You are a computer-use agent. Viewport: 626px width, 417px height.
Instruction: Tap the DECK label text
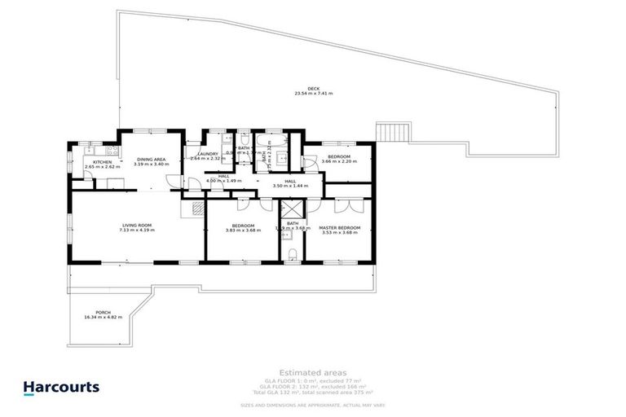tap(313, 89)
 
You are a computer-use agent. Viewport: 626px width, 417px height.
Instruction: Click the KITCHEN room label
tap(102, 162)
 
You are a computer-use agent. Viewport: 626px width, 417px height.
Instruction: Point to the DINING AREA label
tap(152, 160)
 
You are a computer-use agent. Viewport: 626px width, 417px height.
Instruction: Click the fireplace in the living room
tap(194, 208)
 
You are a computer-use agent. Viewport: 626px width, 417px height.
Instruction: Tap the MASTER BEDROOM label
tap(339, 226)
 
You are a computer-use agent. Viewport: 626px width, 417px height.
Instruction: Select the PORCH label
tap(103, 312)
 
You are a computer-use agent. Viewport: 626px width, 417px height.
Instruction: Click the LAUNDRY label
tap(207, 153)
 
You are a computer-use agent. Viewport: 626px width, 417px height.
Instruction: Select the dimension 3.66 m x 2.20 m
tap(339, 161)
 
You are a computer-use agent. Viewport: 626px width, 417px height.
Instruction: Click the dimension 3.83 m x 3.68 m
tap(243, 230)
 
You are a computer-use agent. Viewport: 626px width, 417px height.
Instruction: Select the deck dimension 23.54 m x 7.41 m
tap(313, 94)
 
